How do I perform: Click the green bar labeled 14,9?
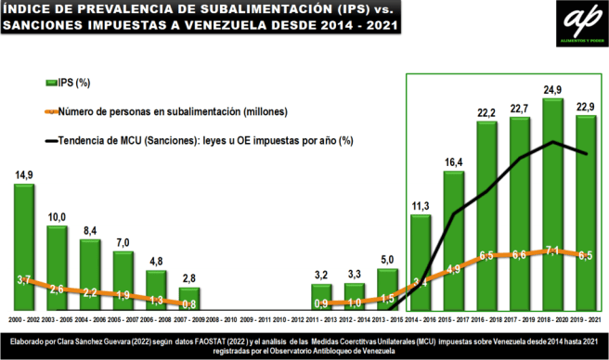point(25,246)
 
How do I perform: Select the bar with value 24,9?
point(553,204)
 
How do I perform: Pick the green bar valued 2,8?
point(188,298)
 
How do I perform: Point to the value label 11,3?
point(421,206)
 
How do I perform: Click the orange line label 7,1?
point(553,251)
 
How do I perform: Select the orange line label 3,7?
point(25,279)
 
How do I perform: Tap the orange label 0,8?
point(188,303)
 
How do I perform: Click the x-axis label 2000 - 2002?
point(25,318)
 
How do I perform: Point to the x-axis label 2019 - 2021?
point(586,318)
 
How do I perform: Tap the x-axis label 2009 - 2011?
point(254,318)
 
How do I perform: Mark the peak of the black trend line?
point(553,142)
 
